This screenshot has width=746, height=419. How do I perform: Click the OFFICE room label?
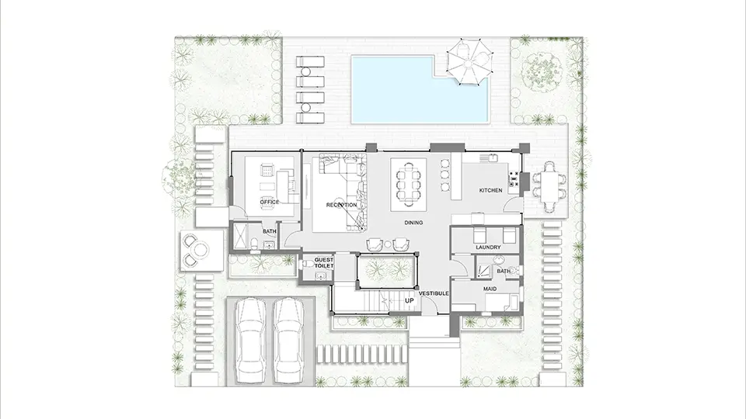(x=270, y=202)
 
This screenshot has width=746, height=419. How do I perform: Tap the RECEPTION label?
(x=342, y=205)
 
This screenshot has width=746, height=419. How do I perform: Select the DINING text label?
(x=413, y=223)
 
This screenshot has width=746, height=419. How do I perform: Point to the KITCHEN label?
(x=490, y=190)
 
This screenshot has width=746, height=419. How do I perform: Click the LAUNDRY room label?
(x=488, y=247)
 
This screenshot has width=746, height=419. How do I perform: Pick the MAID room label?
(x=490, y=289)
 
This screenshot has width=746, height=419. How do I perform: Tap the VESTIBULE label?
(x=434, y=293)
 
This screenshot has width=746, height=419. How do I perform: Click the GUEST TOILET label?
(x=324, y=263)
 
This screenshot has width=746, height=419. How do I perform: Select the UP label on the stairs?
(x=410, y=301)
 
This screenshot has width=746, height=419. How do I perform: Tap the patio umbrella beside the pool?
(x=468, y=62)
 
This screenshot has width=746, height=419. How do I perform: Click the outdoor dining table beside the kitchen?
(x=550, y=186)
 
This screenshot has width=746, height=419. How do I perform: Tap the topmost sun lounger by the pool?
(x=310, y=62)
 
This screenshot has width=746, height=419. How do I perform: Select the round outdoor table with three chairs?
(x=197, y=249)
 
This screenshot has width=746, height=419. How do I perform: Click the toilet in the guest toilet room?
(x=306, y=263)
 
